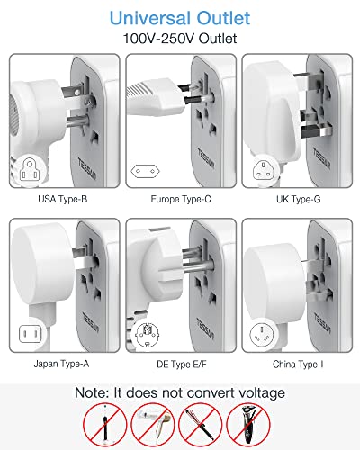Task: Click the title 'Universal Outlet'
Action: (180, 17)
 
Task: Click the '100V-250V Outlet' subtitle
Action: (180, 39)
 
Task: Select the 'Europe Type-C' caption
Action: (180, 199)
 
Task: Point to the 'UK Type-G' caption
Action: (297, 199)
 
